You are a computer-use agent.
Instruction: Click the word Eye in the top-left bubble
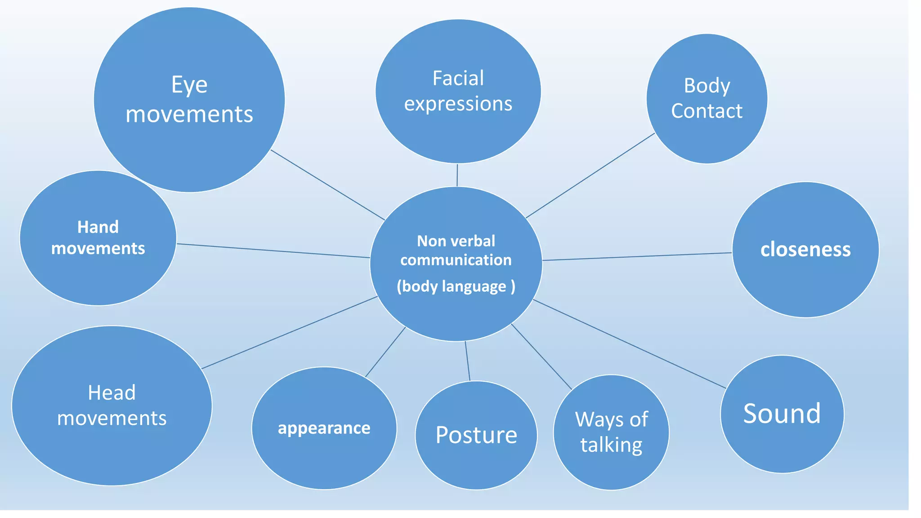coord(189,85)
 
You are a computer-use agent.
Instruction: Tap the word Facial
coord(458,78)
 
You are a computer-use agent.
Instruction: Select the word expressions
coord(458,104)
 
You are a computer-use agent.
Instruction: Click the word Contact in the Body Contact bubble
coord(706,111)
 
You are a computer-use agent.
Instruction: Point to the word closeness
coord(805,250)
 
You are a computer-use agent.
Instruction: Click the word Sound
coord(782,414)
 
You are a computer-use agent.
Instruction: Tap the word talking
coord(611,445)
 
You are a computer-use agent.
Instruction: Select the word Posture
coord(476,435)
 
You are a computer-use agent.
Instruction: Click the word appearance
coord(324,428)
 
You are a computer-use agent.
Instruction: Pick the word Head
coord(112,393)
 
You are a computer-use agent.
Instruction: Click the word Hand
coord(98,227)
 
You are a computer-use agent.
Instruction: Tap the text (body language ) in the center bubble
coord(456,286)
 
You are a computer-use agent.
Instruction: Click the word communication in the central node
coord(456,260)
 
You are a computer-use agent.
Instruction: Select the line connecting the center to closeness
coord(637,256)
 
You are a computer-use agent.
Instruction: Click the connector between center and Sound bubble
coord(630,344)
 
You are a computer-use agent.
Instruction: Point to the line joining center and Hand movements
coord(273,250)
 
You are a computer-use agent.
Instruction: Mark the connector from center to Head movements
coord(289,333)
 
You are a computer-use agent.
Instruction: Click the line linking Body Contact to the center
coord(590,176)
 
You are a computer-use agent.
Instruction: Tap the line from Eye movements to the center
coord(327,185)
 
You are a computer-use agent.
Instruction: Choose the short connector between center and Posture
coord(467,361)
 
